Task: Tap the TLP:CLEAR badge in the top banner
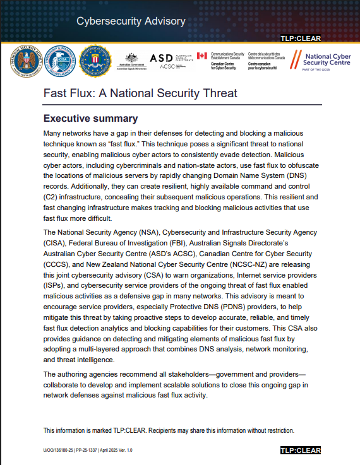point(301,38)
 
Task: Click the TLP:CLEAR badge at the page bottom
point(301,450)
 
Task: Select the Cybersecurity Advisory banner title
point(131,21)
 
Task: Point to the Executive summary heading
point(90,119)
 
